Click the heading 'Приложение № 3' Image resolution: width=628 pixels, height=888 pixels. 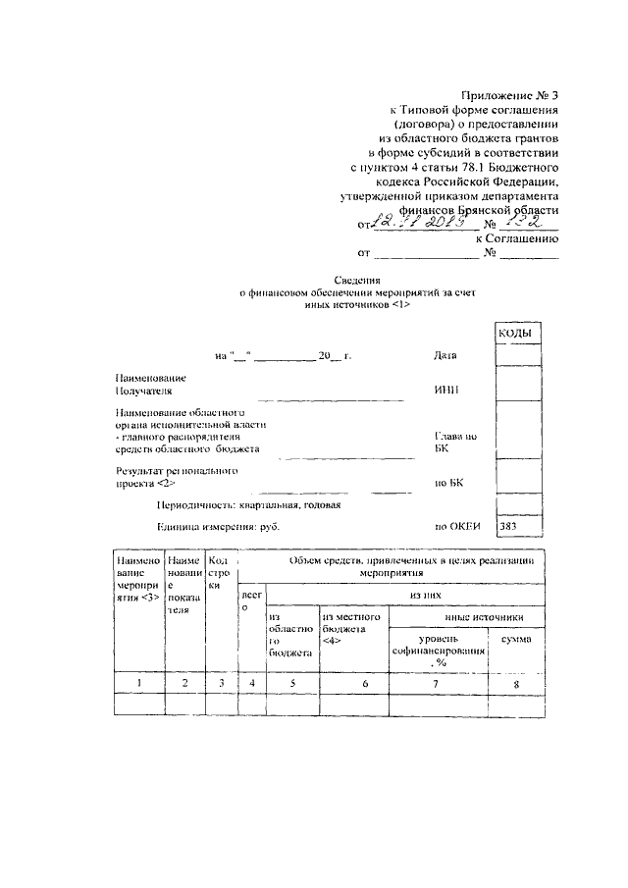tap(510, 95)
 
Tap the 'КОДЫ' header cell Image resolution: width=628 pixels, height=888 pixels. tap(515, 335)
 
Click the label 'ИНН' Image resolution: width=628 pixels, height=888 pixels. tap(445, 391)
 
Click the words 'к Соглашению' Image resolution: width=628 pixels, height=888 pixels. tap(517, 237)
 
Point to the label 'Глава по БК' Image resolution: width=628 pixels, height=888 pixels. tap(455, 442)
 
